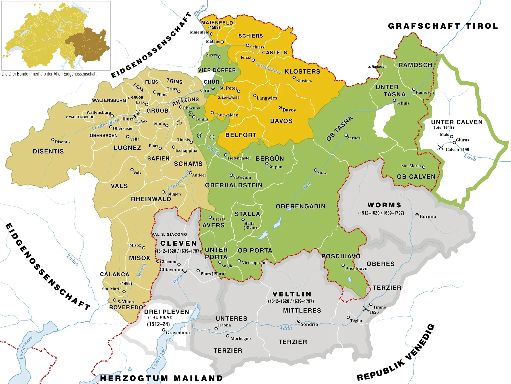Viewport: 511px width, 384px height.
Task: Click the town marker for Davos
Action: click(280, 107)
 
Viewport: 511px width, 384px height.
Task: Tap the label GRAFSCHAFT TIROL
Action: click(443, 26)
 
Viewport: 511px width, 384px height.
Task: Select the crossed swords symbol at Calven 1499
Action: click(441, 147)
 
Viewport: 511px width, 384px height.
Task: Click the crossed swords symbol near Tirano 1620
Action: click(366, 308)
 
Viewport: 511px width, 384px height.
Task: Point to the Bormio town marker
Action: click(417, 215)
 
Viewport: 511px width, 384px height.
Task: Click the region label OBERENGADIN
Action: click(300, 206)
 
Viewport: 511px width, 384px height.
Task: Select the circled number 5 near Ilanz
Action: click(138, 112)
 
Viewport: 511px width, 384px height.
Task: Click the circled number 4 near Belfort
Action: click(212, 137)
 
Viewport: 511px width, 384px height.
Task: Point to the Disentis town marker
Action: click(53, 140)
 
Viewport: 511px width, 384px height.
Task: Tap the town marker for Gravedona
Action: click(164, 330)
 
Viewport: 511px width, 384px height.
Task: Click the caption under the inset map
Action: click(49, 74)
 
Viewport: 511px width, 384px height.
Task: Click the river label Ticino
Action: click(73, 260)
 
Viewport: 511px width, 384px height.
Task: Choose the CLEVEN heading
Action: click(179, 243)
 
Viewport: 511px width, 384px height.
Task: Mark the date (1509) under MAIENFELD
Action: click(214, 28)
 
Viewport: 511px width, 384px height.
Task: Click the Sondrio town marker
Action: click(299, 321)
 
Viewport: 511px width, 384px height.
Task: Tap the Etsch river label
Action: click(470, 158)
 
